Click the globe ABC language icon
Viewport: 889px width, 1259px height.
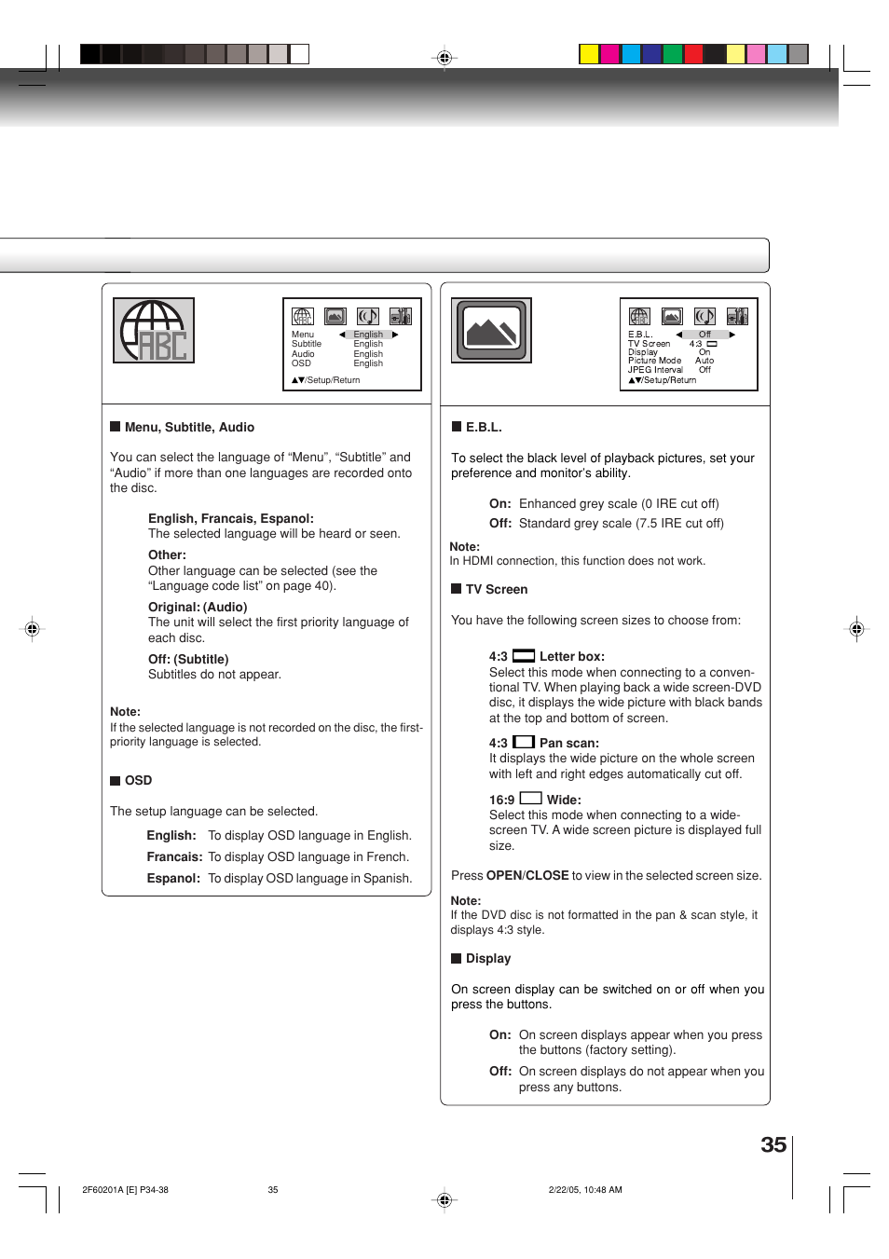click(x=154, y=331)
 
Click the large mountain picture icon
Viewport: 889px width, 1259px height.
click(x=491, y=331)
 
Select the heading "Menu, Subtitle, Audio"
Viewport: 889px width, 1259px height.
click(x=189, y=428)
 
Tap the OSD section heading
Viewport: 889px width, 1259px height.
click(x=138, y=781)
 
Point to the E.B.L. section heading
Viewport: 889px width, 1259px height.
click(x=484, y=428)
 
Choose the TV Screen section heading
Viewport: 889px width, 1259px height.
click(x=496, y=590)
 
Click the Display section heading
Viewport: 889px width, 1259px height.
click(x=487, y=959)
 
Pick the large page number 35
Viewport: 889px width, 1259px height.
click(x=773, y=1145)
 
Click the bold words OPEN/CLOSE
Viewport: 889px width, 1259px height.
click(x=527, y=876)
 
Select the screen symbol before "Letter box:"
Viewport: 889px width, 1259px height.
click(x=524, y=656)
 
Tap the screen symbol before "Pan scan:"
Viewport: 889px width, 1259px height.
click(x=524, y=743)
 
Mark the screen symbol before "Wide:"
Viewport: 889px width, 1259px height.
click(x=530, y=799)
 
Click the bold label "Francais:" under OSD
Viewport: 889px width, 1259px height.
click(x=174, y=857)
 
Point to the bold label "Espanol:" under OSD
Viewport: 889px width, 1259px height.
click(x=173, y=879)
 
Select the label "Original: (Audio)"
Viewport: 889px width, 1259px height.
click(x=198, y=608)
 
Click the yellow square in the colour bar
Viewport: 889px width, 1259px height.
click(x=589, y=54)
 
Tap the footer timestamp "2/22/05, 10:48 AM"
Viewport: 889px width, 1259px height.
click(x=585, y=1190)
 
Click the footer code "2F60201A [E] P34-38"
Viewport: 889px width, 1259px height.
click(x=125, y=1190)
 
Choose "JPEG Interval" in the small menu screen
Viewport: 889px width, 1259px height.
click(x=655, y=370)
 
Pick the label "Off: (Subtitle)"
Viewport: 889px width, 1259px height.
click(x=188, y=660)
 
